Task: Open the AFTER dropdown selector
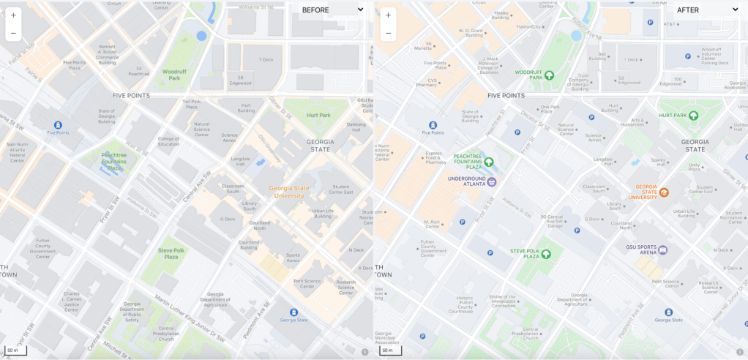pyautogui.click(x=706, y=10)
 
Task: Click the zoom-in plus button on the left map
pyautogui.click(x=13, y=15)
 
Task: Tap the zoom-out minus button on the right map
pyautogui.click(x=388, y=34)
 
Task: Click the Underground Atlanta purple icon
pyautogui.click(x=492, y=181)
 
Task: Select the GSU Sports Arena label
pyautogui.click(x=640, y=250)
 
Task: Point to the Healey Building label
pyautogui.click(x=501, y=15)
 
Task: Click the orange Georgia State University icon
pyautogui.click(x=664, y=192)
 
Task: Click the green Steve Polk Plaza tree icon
pyautogui.click(x=546, y=254)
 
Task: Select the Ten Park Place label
pyautogui.click(x=191, y=104)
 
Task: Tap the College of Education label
pyautogui.click(x=168, y=142)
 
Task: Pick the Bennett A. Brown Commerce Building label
pyautogui.click(x=107, y=54)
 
